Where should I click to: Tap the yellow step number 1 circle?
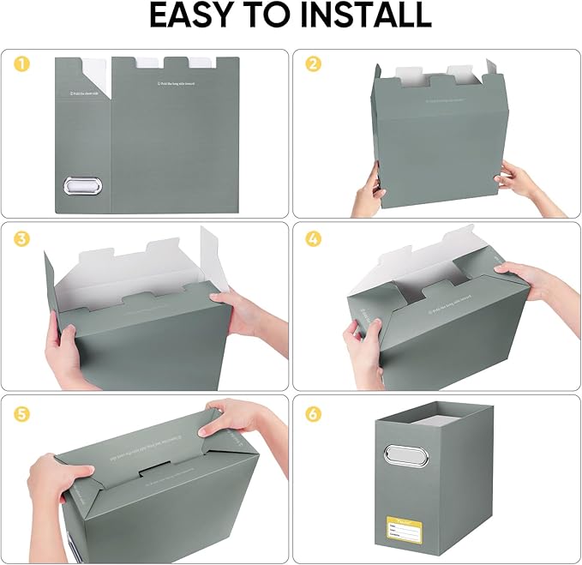(21, 63)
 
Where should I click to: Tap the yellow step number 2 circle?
(313, 63)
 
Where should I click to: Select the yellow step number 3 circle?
(21, 238)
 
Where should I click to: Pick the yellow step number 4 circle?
(313, 238)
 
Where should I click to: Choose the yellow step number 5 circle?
(21, 414)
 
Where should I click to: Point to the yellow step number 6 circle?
(313, 414)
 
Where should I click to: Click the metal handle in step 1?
(81, 188)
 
